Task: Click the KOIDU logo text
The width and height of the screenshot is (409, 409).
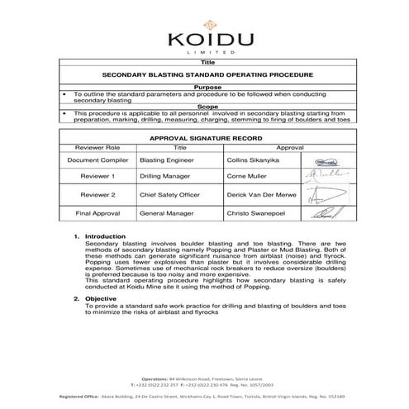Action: (204, 39)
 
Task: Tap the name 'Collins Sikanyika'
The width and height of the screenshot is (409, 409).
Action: (252, 161)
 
